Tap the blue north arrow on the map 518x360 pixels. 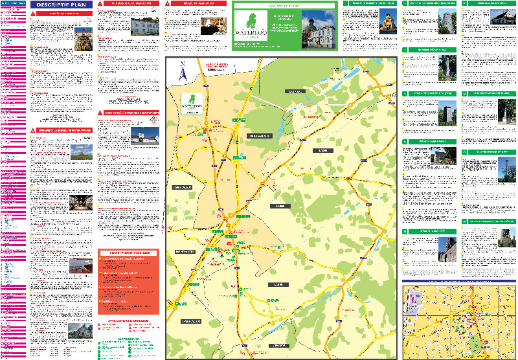[x=183, y=71]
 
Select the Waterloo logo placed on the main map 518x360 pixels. [x=192, y=103]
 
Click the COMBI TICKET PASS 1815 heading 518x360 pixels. [x=128, y=251]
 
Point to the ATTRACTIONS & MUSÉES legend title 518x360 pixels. [x=128, y=321]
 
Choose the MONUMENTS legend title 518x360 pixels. [x=128, y=337]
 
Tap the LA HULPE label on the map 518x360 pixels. [x=296, y=92]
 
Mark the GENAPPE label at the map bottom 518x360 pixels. [x=279, y=346]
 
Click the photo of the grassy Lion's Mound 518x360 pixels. [x=79, y=153]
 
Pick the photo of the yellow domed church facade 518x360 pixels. [x=387, y=24]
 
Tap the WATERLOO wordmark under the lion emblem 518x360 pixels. [x=251, y=35]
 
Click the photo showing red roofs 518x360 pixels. [x=79, y=266]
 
